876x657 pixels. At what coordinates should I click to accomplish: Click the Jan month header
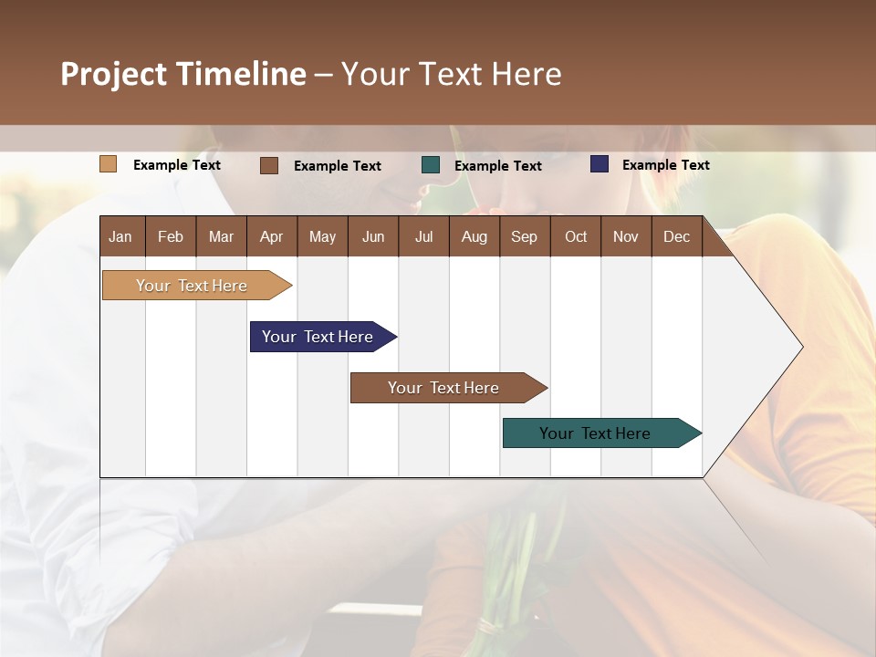pos(120,236)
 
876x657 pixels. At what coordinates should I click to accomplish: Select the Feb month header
pos(171,236)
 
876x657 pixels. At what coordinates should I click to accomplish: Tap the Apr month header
pos(271,236)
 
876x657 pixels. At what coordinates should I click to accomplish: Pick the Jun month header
pos(373,236)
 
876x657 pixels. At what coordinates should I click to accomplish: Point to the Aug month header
pos(474,236)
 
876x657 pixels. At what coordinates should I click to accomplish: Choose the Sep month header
pos(524,236)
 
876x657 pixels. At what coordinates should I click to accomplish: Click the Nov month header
pos(626,236)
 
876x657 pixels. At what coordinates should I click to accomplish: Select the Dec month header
pos(676,236)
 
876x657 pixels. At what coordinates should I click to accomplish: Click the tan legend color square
pos(108,164)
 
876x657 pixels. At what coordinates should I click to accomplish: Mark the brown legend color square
pos(268,165)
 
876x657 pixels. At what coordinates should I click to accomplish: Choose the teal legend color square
pos(431,165)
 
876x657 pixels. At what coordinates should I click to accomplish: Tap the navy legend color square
pos(600,164)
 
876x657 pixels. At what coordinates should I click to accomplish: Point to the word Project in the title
pos(114,74)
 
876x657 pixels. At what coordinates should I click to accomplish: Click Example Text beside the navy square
pos(665,165)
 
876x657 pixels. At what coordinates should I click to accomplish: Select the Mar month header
pos(221,236)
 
